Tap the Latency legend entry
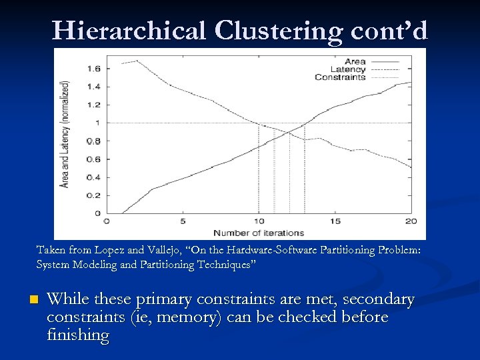tap(349, 69)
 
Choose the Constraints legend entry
tap(340, 77)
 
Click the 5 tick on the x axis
tap(182, 221)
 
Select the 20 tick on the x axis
tap(411, 221)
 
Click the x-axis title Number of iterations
tap(258, 233)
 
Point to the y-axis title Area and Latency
tap(65, 133)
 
